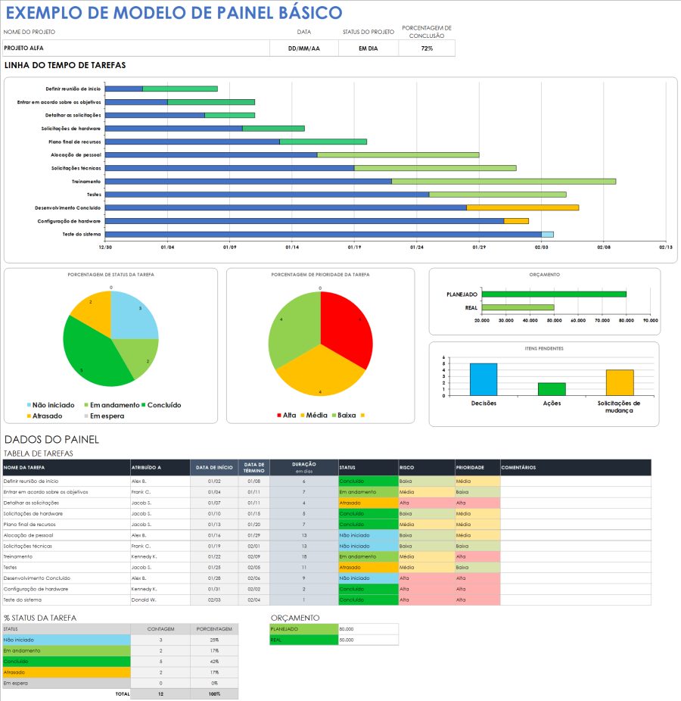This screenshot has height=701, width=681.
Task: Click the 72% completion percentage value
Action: tap(427, 48)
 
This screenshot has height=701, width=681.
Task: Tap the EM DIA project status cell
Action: tap(368, 48)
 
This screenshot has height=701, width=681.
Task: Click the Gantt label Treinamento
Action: tap(86, 182)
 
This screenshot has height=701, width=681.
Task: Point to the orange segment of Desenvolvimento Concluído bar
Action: tap(522, 207)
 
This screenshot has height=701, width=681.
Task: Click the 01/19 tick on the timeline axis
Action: tap(354, 247)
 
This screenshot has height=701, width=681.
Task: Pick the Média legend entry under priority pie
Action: tap(316, 416)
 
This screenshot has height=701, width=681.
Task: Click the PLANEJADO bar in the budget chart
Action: tap(554, 294)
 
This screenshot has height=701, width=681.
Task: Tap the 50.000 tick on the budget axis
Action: tap(554, 320)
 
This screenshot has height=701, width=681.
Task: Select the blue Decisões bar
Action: tap(484, 379)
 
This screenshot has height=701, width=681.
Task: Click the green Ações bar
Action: tap(552, 389)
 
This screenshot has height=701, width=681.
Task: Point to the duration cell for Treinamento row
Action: tap(304, 556)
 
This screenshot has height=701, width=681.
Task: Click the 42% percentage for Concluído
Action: tap(214, 661)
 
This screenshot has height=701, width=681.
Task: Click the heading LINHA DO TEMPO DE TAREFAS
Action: tap(65, 66)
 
